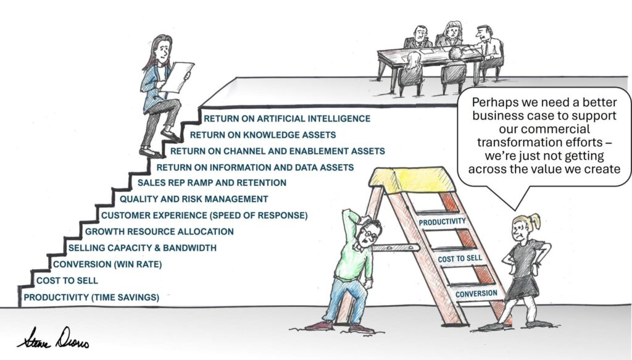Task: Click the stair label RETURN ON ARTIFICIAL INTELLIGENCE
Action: coord(287,119)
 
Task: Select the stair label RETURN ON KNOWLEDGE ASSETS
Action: coord(262,135)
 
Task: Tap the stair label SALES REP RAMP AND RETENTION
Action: coord(212,183)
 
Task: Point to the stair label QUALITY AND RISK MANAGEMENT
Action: coord(194,199)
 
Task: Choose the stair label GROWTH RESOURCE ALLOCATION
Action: coord(159,232)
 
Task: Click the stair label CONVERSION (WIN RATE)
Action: coord(107,264)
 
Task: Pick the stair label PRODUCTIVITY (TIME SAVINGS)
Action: coord(91,298)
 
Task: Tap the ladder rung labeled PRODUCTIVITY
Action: coord(441,222)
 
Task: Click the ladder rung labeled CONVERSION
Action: coord(476,294)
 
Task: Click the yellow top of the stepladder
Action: coord(412,179)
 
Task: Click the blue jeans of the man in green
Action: coord(348,299)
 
